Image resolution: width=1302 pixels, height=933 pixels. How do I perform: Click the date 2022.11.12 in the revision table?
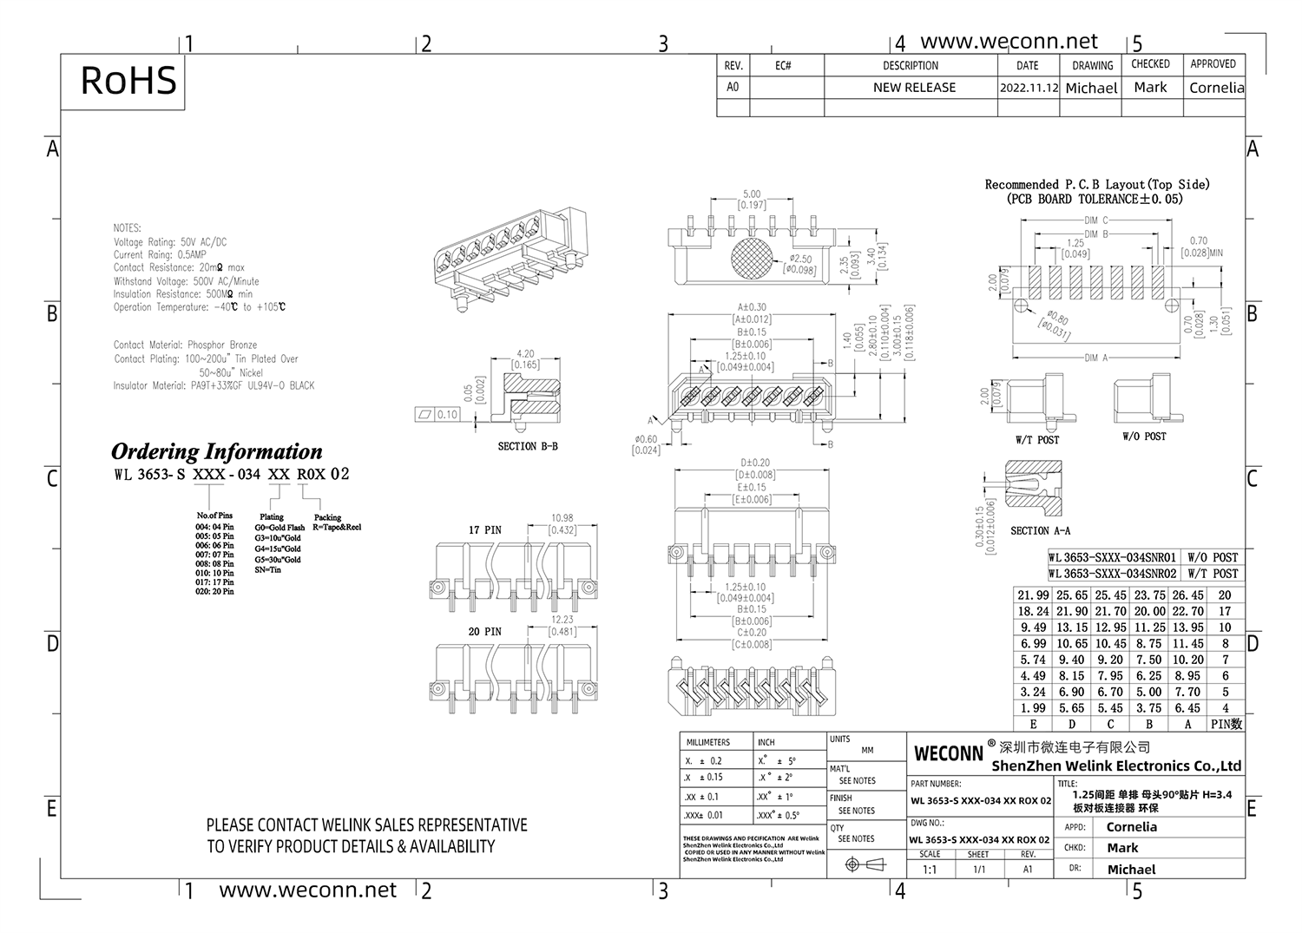(x=1029, y=88)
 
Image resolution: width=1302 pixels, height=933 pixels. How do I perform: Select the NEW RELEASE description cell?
(x=914, y=88)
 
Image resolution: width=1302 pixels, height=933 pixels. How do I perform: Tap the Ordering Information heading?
(x=216, y=451)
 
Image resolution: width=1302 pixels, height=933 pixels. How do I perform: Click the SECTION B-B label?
(x=528, y=446)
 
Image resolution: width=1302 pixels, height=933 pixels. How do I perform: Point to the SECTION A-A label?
(x=1040, y=530)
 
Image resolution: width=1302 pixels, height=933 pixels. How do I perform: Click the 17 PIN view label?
(x=485, y=529)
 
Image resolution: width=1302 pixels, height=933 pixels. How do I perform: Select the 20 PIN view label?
(x=485, y=631)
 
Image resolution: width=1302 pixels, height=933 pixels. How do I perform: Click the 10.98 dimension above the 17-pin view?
(x=562, y=518)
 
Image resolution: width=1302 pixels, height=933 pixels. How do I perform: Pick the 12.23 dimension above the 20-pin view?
(x=562, y=620)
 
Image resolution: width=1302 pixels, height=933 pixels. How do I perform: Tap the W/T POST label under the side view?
(x=1037, y=440)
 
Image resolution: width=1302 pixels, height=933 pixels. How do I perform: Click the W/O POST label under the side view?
(x=1144, y=437)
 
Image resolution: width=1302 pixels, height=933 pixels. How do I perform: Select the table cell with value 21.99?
(x=1033, y=595)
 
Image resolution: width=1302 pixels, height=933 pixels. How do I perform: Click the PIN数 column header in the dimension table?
(x=1225, y=724)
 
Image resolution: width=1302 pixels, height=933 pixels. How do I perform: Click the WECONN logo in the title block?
(x=949, y=753)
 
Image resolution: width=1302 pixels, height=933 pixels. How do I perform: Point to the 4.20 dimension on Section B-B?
(x=524, y=354)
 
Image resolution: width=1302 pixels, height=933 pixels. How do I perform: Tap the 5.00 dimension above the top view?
(x=751, y=194)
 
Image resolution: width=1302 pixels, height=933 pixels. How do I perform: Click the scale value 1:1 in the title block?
(x=930, y=869)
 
